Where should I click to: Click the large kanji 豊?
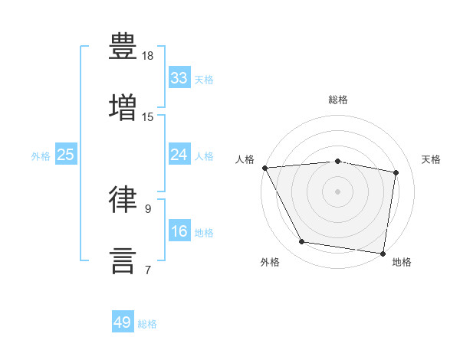point(123,46)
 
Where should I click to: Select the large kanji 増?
point(123,107)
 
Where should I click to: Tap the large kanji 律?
point(123,199)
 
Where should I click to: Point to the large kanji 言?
point(123,261)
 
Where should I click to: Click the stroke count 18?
point(147,56)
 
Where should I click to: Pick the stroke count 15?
point(147,117)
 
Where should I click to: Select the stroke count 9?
point(148,209)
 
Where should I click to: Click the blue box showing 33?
point(179,77)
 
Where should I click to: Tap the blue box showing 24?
point(179,154)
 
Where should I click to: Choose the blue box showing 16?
point(179,230)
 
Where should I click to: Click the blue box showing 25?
point(66,154)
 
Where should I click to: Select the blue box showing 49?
point(123,321)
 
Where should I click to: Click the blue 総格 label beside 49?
point(147,324)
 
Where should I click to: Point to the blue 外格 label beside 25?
point(41,156)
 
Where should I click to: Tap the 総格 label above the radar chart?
point(338,100)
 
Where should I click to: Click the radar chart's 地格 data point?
point(383,254)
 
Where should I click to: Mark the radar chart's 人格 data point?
point(265,168)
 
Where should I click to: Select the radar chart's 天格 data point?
point(396,172)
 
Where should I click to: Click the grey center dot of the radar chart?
point(337,191)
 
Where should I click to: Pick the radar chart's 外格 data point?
point(301,241)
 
